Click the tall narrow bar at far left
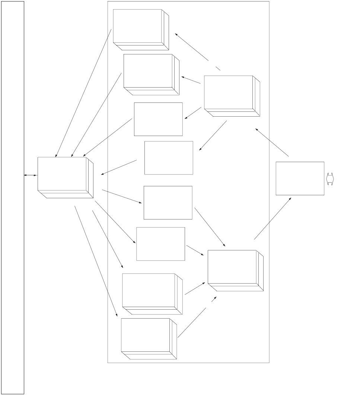pos(13,197)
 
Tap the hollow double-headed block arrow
pos(330,179)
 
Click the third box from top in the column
pos(158,119)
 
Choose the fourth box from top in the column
pos(169,158)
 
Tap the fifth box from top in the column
pos(168,203)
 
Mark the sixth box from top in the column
pos(160,244)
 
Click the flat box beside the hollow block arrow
pos(300,178)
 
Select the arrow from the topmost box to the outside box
pos(83,93)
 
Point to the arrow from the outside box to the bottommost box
pos(96,261)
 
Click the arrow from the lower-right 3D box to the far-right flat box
pos(273,218)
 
